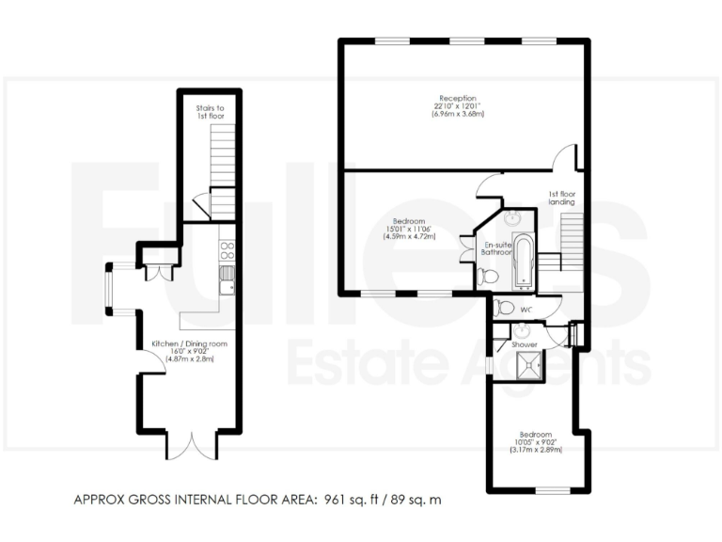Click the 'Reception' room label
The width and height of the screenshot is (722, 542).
pos(457,98)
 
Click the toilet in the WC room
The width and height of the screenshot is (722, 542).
pos(505,307)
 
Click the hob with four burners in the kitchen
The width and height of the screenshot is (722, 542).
pos(227,250)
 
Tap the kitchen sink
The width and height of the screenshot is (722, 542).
pos(227,278)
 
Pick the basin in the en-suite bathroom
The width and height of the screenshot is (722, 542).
pos(512,219)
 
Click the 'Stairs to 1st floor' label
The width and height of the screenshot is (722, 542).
pos(210,113)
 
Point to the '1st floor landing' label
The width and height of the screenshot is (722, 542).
pos(562,199)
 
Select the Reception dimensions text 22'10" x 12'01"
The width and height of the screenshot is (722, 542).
pos(457,106)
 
